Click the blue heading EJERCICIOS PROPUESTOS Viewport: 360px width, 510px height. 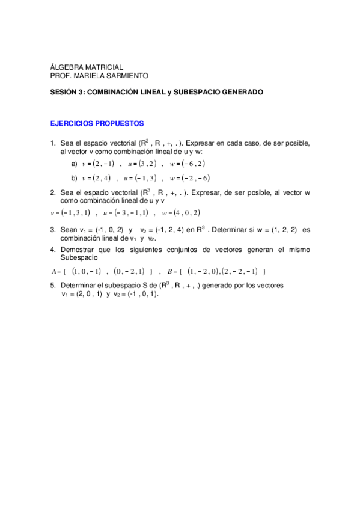click(x=97, y=123)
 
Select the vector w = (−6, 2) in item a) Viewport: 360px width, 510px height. click(x=188, y=164)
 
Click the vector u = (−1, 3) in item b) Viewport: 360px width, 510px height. click(x=140, y=178)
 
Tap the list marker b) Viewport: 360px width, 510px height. click(x=75, y=178)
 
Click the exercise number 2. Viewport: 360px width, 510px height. click(x=53, y=192)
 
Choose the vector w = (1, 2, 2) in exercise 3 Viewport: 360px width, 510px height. click(x=270, y=230)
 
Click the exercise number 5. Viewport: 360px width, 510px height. click(x=53, y=286)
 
